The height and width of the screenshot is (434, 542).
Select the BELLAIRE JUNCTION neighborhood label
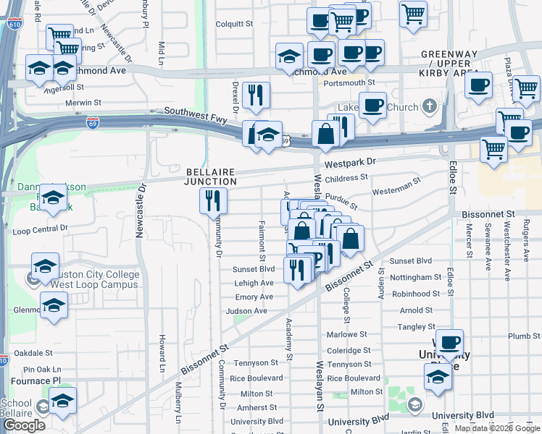pos(210,176)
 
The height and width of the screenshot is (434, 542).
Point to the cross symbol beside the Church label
pos(430,108)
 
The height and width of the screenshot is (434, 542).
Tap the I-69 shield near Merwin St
pos(93,123)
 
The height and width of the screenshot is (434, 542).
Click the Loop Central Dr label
pos(40,229)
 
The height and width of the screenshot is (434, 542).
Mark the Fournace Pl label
pos(30,380)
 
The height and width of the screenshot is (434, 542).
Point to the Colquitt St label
pos(233,24)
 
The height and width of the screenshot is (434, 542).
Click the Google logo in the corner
pos(24,425)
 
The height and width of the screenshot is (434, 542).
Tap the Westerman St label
pos(396,187)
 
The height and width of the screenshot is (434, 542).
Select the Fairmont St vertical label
pos(262,242)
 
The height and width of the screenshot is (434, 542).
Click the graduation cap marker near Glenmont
pos(54,307)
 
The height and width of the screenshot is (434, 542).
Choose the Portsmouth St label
pos(349,83)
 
